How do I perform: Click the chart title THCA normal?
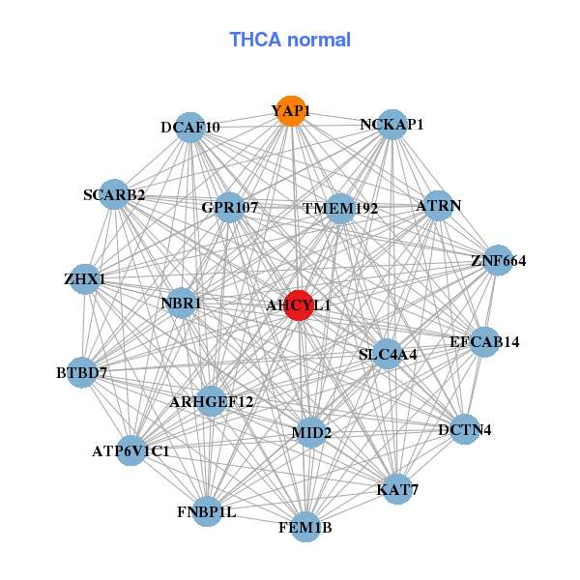[290, 40]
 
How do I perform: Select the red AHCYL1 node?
[298, 304]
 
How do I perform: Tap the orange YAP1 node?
[290, 111]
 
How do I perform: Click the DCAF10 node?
[191, 128]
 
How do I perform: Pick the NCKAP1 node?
[391, 125]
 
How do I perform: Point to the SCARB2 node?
[115, 194]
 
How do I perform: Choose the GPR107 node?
[229, 207]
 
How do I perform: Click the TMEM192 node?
[339, 208]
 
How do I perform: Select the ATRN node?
[438, 206]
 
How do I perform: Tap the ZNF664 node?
[498, 260]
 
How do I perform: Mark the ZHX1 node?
[85, 279]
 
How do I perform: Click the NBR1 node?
[181, 304]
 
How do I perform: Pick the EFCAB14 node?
[483, 341]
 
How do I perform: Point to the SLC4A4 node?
[388, 355]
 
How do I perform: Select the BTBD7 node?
[81, 372]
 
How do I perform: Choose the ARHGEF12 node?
[212, 401]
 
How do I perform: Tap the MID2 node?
[311, 432]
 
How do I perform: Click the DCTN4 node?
[465, 429]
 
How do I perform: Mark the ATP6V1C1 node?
[131, 450]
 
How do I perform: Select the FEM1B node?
[305, 527]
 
